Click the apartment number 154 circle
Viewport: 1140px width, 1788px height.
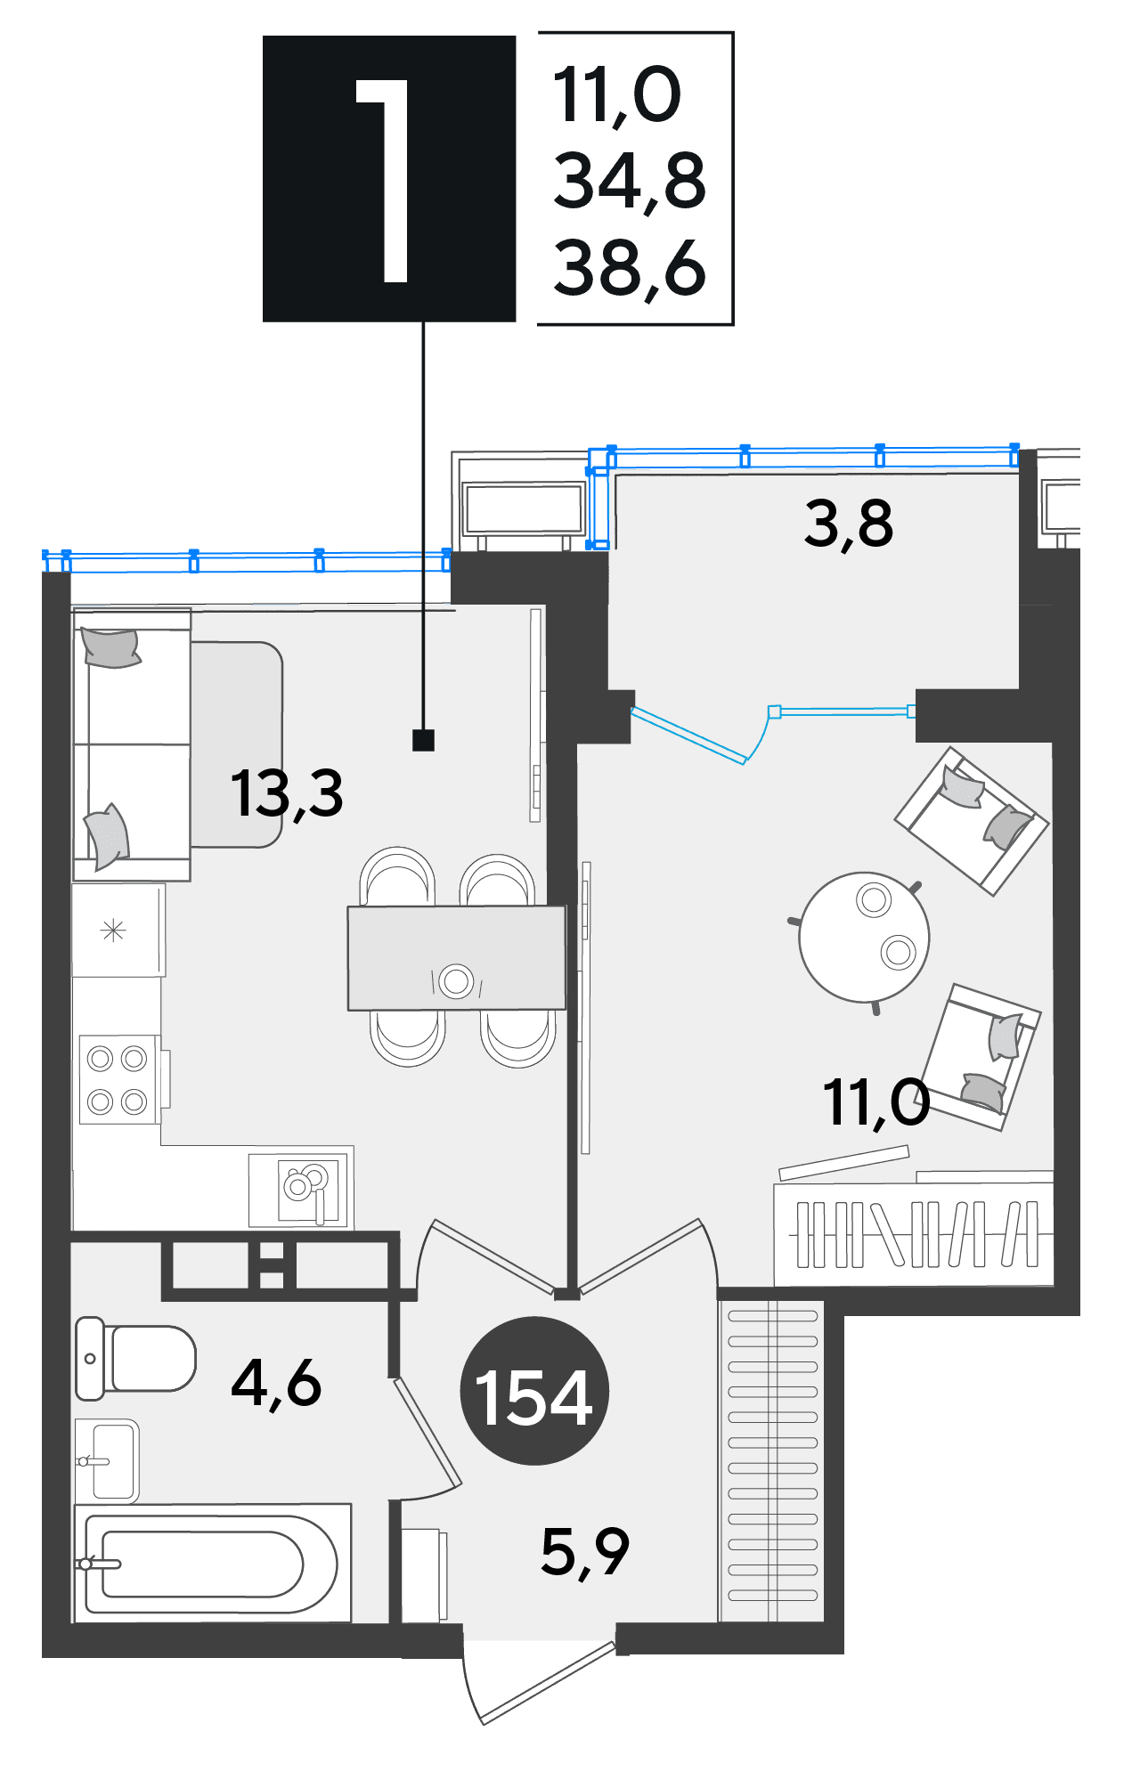click(x=534, y=1391)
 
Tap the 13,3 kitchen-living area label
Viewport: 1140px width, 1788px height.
click(x=287, y=793)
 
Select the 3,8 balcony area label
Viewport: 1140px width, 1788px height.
click(x=848, y=524)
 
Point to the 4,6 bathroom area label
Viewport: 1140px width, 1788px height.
click(x=276, y=1384)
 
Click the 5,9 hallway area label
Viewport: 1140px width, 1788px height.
click(x=585, y=1551)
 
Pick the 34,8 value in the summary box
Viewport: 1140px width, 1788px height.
click(x=630, y=181)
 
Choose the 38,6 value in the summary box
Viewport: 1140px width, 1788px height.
click(x=630, y=267)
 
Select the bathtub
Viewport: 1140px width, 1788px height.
click(x=213, y=1564)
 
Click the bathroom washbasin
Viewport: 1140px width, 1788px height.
click(x=107, y=1460)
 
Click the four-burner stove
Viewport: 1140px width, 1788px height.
click(x=118, y=1079)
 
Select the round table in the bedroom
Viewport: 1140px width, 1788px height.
click(x=864, y=937)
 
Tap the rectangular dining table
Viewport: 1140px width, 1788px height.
click(x=456, y=958)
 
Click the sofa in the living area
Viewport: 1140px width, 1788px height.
click(x=132, y=744)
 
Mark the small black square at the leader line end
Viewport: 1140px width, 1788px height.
click(x=423, y=740)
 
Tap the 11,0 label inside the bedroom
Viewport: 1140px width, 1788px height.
click(x=876, y=1103)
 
